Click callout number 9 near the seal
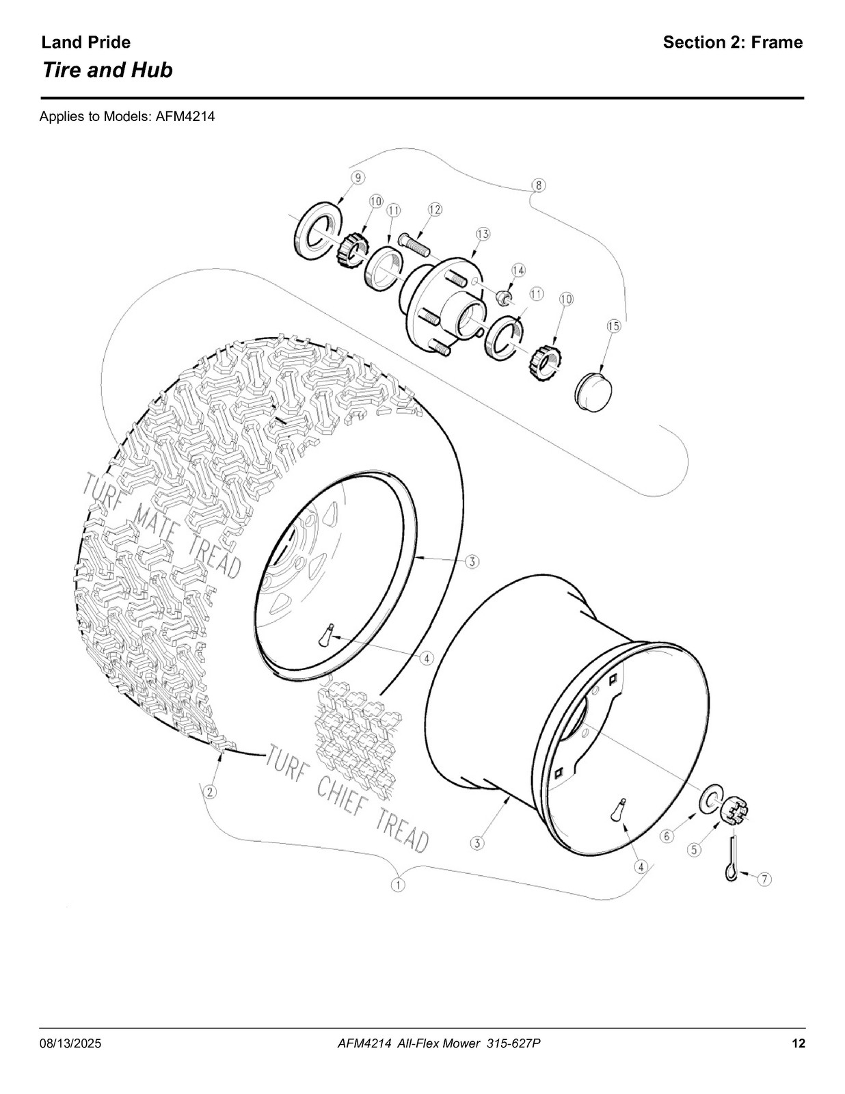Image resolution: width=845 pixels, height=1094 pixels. pyautogui.click(x=358, y=178)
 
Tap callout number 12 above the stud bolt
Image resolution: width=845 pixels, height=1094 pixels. pyautogui.click(x=435, y=209)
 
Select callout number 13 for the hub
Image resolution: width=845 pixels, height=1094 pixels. pyautogui.click(x=483, y=234)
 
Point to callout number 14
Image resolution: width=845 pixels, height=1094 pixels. pyautogui.click(x=518, y=270)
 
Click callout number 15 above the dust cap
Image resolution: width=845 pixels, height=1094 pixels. pyautogui.click(x=614, y=326)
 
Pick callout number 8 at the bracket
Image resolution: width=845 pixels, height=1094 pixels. pyautogui.click(x=538, y=185)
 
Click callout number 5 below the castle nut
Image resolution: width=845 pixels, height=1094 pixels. pyautogui.click(x=695, y=850)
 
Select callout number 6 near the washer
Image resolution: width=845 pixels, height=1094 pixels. pyautogui.click(x=667, y=836)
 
